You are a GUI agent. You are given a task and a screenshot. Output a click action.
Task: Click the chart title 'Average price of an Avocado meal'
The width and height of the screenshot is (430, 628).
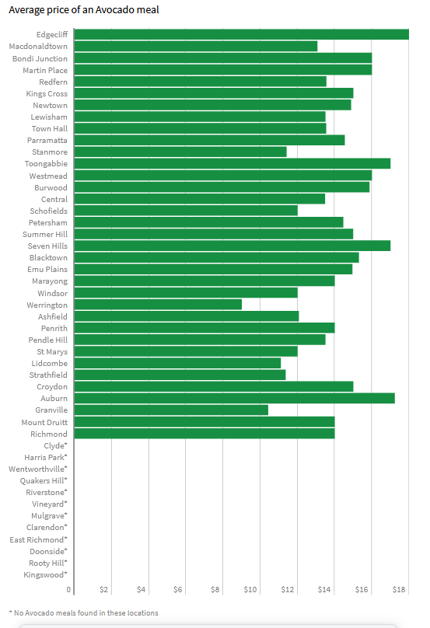pyautogui.click(x=84, y=10)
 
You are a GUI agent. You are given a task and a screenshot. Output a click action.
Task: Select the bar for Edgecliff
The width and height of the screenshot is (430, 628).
pyautogui.click(x=242, y=34)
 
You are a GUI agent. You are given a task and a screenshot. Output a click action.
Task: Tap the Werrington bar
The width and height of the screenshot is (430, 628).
pyautogui.click(x=158, y=305)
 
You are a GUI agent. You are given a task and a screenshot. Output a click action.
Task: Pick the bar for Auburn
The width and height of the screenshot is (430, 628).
pyautogui.click(x=234, y=398)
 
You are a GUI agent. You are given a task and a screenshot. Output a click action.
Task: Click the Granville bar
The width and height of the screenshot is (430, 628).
pyautogui.click(x=171, y=410)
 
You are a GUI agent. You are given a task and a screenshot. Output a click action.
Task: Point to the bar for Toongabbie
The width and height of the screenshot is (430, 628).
pyautogui.click(x=232, y=163)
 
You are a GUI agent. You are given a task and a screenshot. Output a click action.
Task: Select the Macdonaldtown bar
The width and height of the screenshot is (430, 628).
pyautogui.click(x=196, y=46)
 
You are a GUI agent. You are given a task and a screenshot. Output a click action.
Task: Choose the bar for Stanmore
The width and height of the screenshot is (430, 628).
pyautogui.click(x=180, y=152)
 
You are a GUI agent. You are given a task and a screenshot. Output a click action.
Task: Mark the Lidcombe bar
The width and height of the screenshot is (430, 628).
pyautogui.click(x=177, y=363)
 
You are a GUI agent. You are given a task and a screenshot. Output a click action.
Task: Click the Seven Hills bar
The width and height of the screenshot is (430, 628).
pyautogui.click(x=232, y=246)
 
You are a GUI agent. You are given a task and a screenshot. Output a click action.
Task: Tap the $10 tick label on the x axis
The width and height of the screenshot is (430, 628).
pyautogui.click(x=250, y=590)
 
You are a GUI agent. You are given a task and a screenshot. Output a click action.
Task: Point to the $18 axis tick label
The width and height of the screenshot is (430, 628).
pyautogui.click(x=399, y=590)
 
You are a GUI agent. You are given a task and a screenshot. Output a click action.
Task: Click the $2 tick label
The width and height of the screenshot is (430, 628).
pyautogui.click(x=103, y=590)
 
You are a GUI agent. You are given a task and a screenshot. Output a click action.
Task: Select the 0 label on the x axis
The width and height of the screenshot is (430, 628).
pyautogui.click(x=68, y=590)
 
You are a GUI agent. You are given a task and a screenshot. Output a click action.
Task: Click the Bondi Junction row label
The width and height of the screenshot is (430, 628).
pyautogui.click(x=40, y=58)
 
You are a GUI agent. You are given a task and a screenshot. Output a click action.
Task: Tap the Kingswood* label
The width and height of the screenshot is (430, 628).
pyautogui.click(x=45, y=574)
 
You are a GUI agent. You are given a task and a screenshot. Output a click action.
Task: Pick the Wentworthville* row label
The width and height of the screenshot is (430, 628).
pyautogui.click(x=38, y=469)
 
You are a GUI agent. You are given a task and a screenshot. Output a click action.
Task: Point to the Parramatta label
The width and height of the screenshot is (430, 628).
pyautogui.click(x=47, y=140)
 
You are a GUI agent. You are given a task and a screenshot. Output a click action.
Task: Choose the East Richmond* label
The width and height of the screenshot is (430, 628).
pyautogui.click(x=38, y=539)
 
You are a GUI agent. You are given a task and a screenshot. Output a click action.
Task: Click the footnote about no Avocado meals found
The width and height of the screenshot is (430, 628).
pyautogui.click(x=83, y=612)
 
